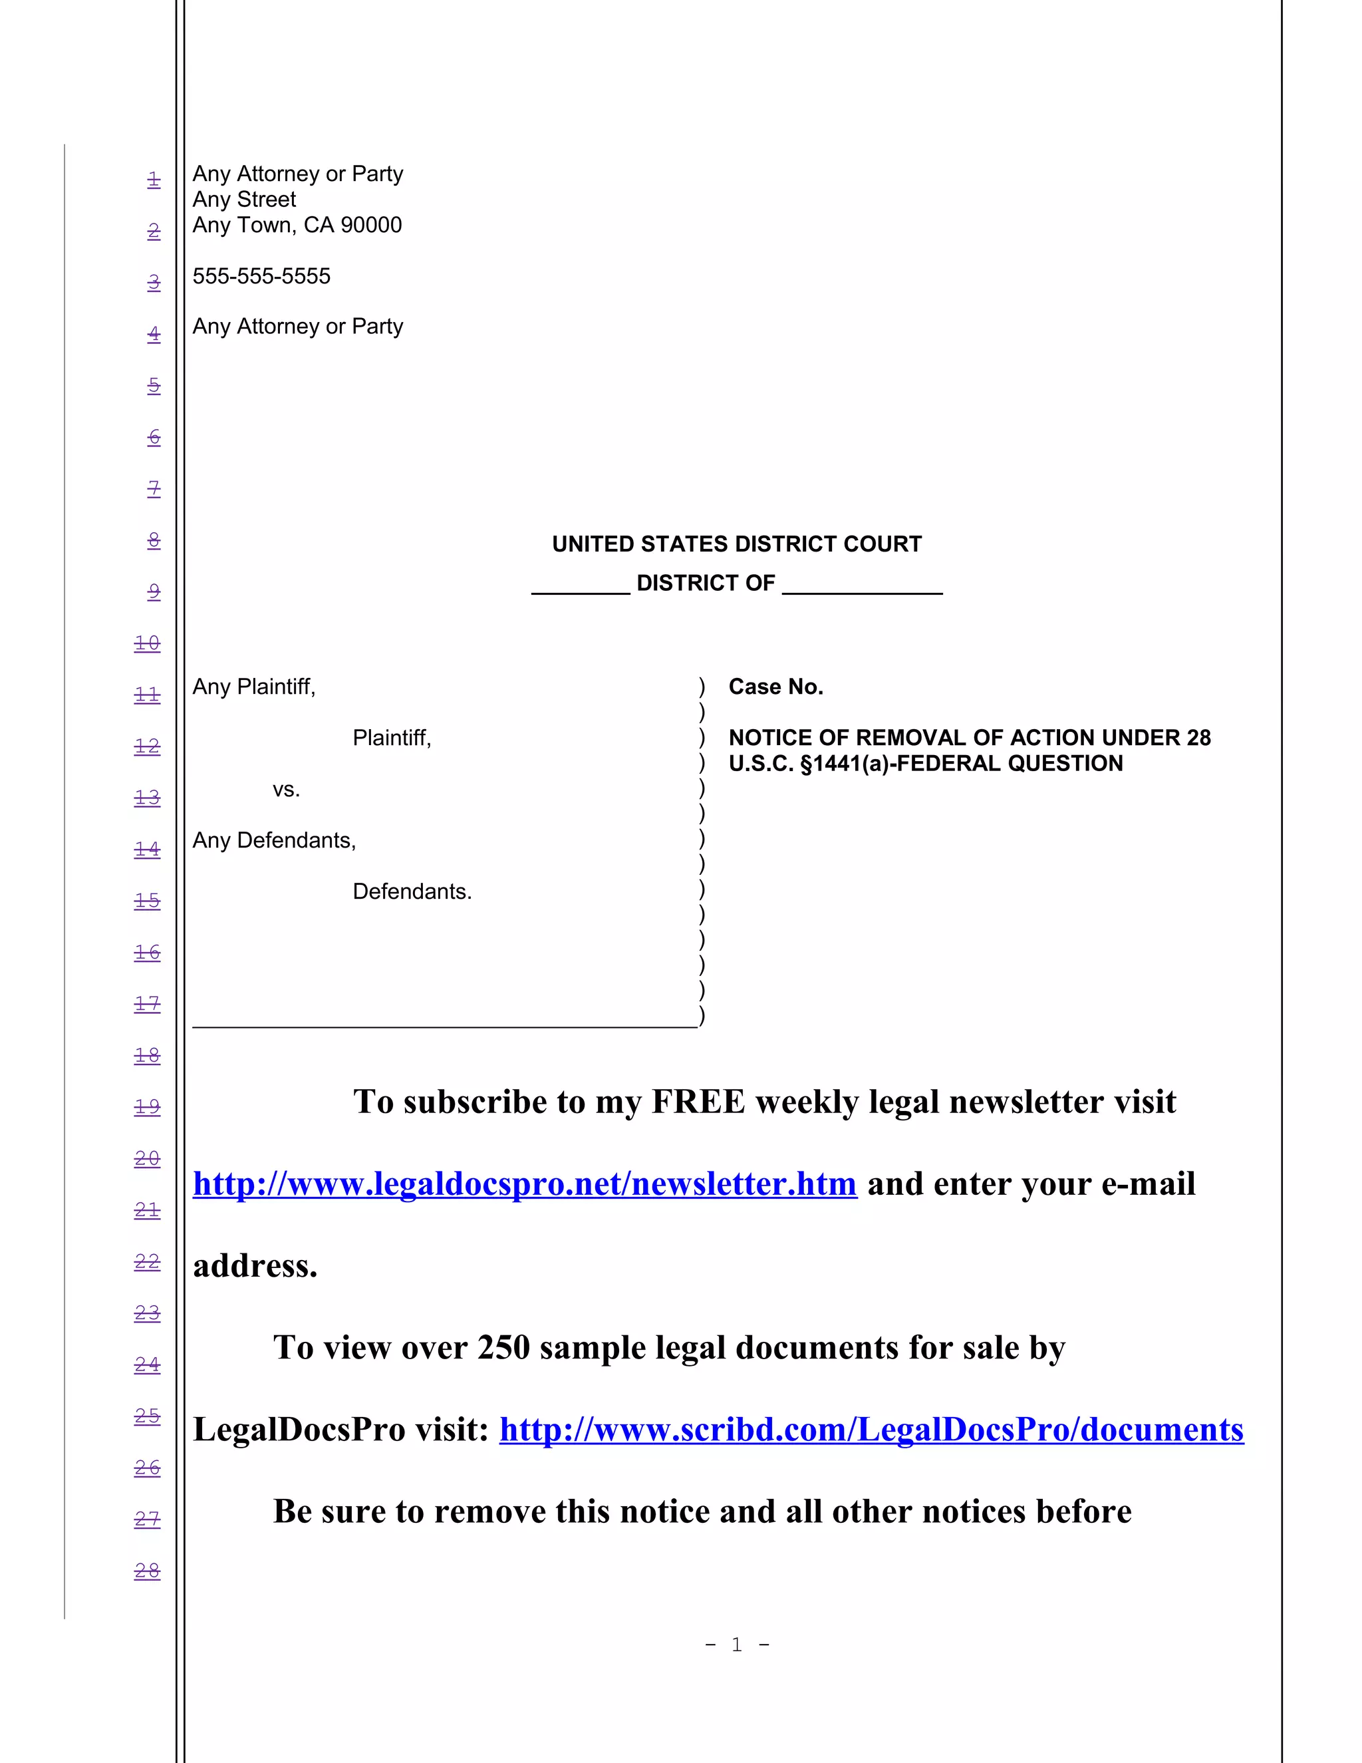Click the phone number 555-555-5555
click(261, 276)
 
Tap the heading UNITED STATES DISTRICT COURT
click(736, 544)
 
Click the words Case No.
click(775, 687)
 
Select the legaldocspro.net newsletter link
click(525, 1184)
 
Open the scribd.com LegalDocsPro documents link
click(871, 1430)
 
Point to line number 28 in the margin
click(147, 1571)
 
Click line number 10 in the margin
click(147, 643)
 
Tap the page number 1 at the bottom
click(737, 1645)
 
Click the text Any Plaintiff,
click(254, 687)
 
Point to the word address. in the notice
click(255, 1266)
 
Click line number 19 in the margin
click(147, 1107)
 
